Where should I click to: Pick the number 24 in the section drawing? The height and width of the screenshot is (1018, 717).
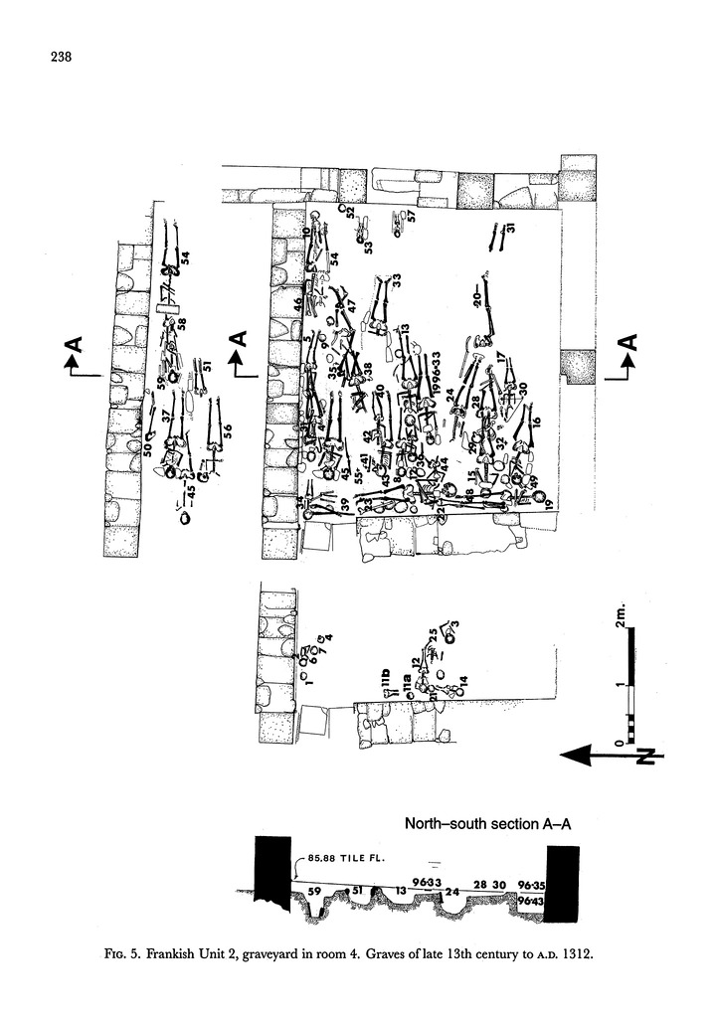[x=452, y=892]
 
